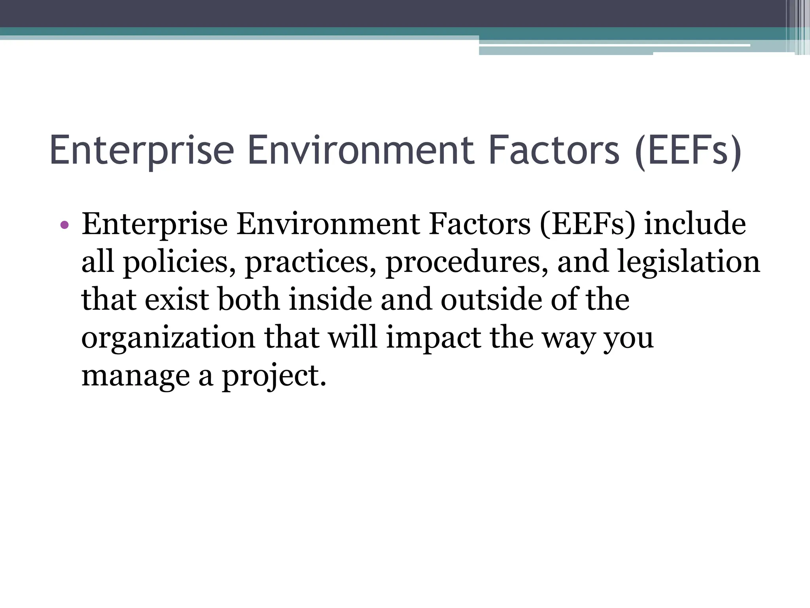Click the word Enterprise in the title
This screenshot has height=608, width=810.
coord(142,151)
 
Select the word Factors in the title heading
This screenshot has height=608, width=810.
coord(553,151)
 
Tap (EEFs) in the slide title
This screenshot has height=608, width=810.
coord(688,151)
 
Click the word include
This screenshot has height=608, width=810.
coord(695,224)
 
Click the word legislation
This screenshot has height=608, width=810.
coord(688,262)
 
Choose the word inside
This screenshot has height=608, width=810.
coord(331,300)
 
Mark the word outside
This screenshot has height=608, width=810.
coord(491,300)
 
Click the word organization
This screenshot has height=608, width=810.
coord(168,338)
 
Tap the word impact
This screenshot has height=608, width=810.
coord(433,338)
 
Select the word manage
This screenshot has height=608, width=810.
coord(135,376)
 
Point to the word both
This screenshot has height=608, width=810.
coord(249,300)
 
